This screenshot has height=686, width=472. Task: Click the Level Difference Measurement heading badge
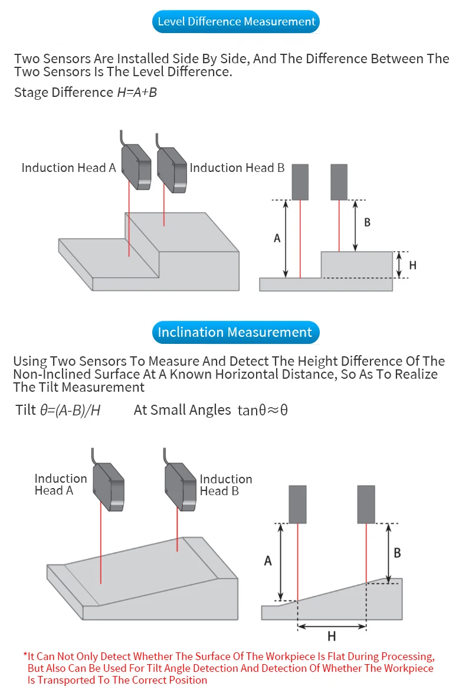[x=236, y=22]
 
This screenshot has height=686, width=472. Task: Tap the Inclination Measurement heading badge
[x=234, y=332]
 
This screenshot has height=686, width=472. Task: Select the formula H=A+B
[x=137, y=92]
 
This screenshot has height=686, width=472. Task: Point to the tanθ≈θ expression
[x=263, y=410]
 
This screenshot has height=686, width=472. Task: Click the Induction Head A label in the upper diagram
[x=68, y=168]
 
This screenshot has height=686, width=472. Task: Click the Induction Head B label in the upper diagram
[x=237, y=168]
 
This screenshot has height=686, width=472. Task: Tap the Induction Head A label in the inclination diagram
[x=60, y=485]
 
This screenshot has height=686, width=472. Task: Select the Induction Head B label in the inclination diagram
[x=225, y=485]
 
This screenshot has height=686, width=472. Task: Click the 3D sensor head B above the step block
[x=172, y=170]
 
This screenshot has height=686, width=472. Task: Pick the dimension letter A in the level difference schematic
[x=277, y=239]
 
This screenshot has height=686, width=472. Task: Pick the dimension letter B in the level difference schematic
[x=367, y=223]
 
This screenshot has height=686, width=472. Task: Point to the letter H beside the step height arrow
[x=412, y=265]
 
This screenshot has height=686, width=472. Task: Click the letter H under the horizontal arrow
[x=332, y=636]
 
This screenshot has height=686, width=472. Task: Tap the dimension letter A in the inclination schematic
[x=268, y=561]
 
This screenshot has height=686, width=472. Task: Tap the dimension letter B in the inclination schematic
[x=397, y=552]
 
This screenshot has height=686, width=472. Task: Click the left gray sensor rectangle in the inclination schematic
[x=297, y=504]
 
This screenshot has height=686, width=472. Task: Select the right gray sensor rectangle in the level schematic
[x=339, y=182]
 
